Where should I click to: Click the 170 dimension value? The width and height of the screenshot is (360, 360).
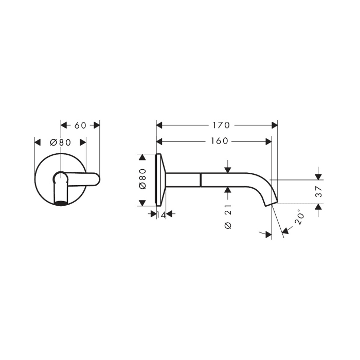click(216, 125)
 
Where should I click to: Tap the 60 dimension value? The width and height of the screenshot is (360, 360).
click(80, 125)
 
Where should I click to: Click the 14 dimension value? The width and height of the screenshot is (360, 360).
click(161, 214)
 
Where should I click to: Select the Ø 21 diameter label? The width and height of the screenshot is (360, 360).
click(228, 219)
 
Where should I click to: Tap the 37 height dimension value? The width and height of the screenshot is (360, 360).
click(318, 192)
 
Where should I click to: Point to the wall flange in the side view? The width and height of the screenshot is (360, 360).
click(160, 179)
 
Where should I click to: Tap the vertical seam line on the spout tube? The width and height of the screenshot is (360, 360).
click(201, 179)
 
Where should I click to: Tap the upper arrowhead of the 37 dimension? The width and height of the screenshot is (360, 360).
click(318, 176)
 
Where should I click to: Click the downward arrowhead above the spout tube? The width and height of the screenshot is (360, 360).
click(228, 170)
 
